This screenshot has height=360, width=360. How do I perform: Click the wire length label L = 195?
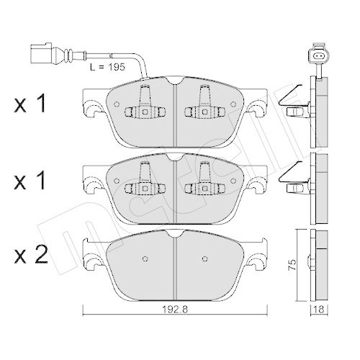(x=107, y=67)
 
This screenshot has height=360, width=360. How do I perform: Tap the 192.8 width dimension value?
(x=175, y=310)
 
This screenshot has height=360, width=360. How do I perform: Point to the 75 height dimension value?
(x=292, y=265)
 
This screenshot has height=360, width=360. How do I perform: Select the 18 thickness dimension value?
(x=319, y=310)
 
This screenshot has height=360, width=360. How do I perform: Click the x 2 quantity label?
(x=31, y=255)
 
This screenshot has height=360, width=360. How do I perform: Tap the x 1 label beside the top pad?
(x=30, y=104)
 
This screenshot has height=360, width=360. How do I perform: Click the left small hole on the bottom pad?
(x=145, y=258)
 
